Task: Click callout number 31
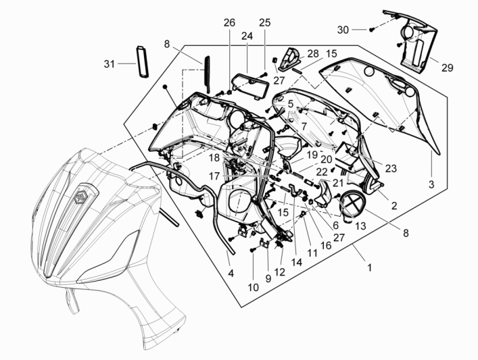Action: tap(109, 64)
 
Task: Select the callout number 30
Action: tap(343, 30)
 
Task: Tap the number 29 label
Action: tap(448, 68)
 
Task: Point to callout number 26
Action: tap(230, 23)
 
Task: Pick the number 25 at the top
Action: tap(264, 23)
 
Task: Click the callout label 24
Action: tap(247, 36)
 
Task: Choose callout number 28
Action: tap(313, 53)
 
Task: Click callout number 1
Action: tap(370, 268)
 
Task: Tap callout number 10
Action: tap(252, 286)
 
